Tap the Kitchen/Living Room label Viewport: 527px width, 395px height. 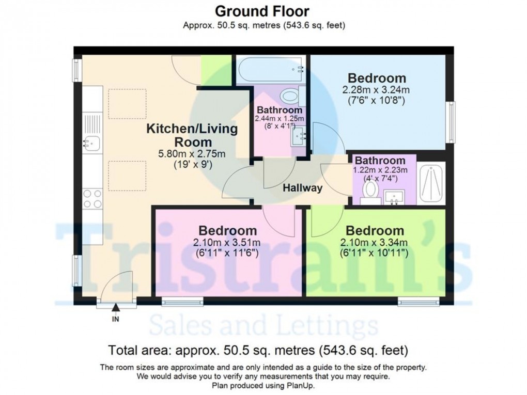pyautogui.click(x=192, y=135)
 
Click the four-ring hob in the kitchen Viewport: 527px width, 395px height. pyautogui.click(x=92, y=199)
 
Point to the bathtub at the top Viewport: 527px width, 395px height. pyautogui.click(x=269, y=71)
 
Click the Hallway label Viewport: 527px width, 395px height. pyautogui.click(x=302, y=188)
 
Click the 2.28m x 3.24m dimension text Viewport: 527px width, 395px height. pyautogui.click(x=376, y=90)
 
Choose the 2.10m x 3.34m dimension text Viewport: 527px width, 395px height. pyautogui.click(x=375, y=242)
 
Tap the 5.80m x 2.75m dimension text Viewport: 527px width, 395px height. pyautogui.click(x=192, y=154)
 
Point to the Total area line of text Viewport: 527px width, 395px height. pyautogui.click(x=258, y=351)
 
